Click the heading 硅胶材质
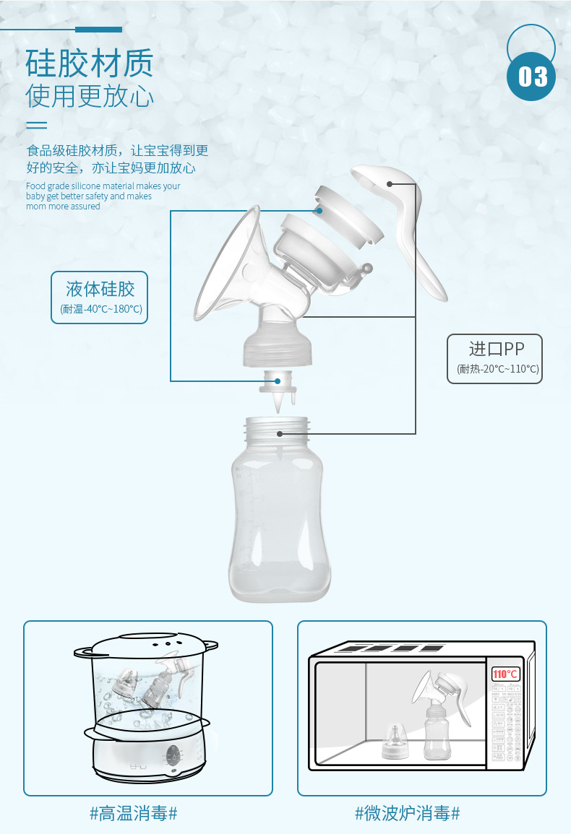pyautogui.click(x=90, y=64)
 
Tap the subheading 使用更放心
pyautogui.click(x=90, y=96)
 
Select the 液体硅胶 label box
pyautogui.click(x=100, y=297)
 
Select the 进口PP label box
pyautogui.click(x=494, y=358)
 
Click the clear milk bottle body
pyautogui.click(x=279, y=527)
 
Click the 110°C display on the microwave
pyautogui.click(x=505, y=674)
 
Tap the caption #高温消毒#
pyautogui.click(x=134, y=814)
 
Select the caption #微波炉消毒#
pyautogui.click(x=407, y=814)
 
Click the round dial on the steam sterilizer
pyautogui.click(x=173, y=756)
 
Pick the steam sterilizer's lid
pyautogui.click(x=147, y=645)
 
